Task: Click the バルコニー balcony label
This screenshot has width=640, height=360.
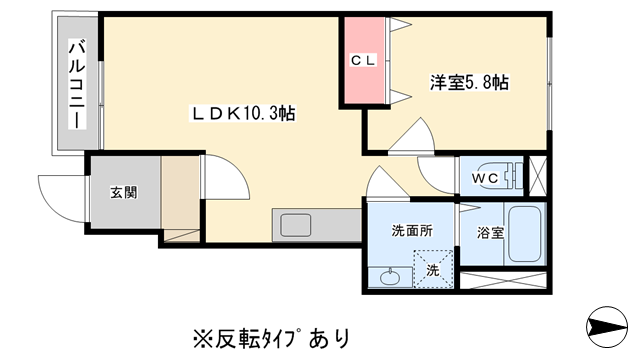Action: [76, 83]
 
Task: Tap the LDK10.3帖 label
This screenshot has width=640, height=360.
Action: [243, 114]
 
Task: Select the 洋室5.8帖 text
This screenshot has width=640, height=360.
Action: [470, 83]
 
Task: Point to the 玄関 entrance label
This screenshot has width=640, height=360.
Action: [123, 193]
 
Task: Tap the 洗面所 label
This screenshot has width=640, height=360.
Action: [411, 231]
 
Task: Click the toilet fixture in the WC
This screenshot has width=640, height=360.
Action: [511, 177]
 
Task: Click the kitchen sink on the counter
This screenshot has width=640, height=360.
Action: [297, 225]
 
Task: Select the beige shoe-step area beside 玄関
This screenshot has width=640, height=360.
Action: [181, 195]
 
